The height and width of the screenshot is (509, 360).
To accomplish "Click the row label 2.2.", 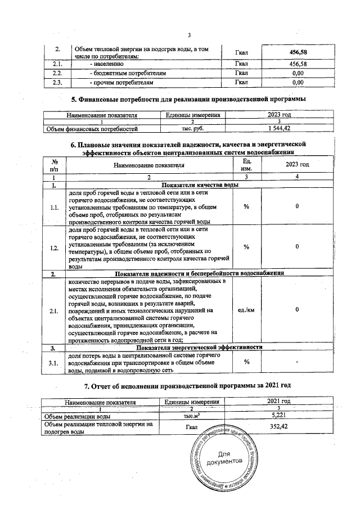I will point(57,73).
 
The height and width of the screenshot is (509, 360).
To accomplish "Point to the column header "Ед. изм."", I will point(246,164).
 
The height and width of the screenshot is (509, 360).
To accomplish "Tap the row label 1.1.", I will point(55,207).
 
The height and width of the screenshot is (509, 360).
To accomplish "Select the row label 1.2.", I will point(55,247).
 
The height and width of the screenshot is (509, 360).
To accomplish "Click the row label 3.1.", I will point(55,364).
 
